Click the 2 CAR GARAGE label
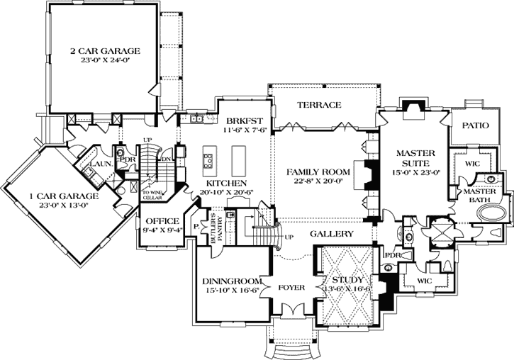105,51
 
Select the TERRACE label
319,105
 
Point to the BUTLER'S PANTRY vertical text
213,229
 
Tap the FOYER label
292,289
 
